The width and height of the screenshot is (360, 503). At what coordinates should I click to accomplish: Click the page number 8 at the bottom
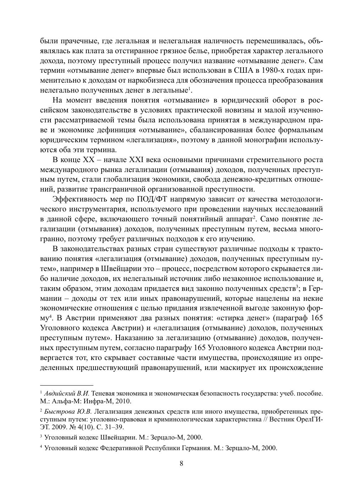(x=181, y=464)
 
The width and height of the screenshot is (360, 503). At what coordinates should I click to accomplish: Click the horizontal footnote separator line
(x=66, y=385)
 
